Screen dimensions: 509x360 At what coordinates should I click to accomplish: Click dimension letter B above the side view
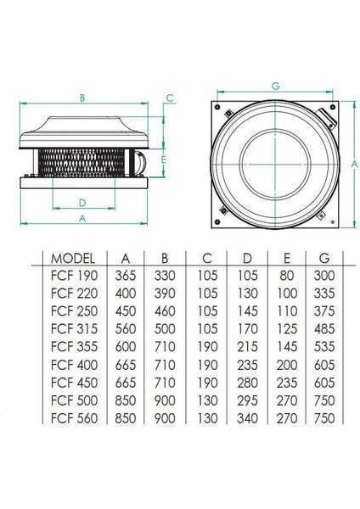pyautogui.click(x=82, y=98)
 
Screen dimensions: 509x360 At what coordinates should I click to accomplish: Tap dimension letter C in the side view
pyautogui.click(x=171, y=98)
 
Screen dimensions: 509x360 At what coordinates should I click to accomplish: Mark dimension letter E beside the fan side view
pyautogui.click(x=163, y=159)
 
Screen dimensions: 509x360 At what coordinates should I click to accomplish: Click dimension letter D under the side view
pyautogui.click(x=82, y=202)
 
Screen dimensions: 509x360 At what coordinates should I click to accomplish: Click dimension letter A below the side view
pyautogui.click(x=82, y=219)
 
